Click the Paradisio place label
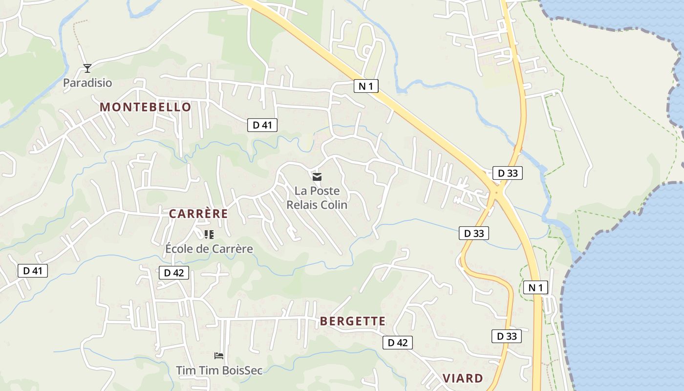tap(87, 83)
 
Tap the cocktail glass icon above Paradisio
tap(87, 68)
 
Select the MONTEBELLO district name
tap(146, 107)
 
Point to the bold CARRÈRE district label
tap(198, 214)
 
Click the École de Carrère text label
tap(209, 249)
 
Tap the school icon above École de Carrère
tap(209, 235)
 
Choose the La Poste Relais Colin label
tap(317, 198)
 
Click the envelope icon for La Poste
tap(317, 176)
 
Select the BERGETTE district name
tap(353, 321)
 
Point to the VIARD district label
tap(463, 378)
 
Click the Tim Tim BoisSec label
tap(219, 370)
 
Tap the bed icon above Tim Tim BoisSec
tap(219, 355)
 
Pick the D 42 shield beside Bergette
tap(397, 343)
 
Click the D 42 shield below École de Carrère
tap(173, 273)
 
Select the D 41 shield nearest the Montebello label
tap(262, 125)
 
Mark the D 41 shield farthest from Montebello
tap(33, 271)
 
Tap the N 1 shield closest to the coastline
tap(535, 287)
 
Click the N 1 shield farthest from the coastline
tap(366, 87)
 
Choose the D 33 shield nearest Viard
tap(506, 336)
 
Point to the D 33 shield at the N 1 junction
tap(507, 173)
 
